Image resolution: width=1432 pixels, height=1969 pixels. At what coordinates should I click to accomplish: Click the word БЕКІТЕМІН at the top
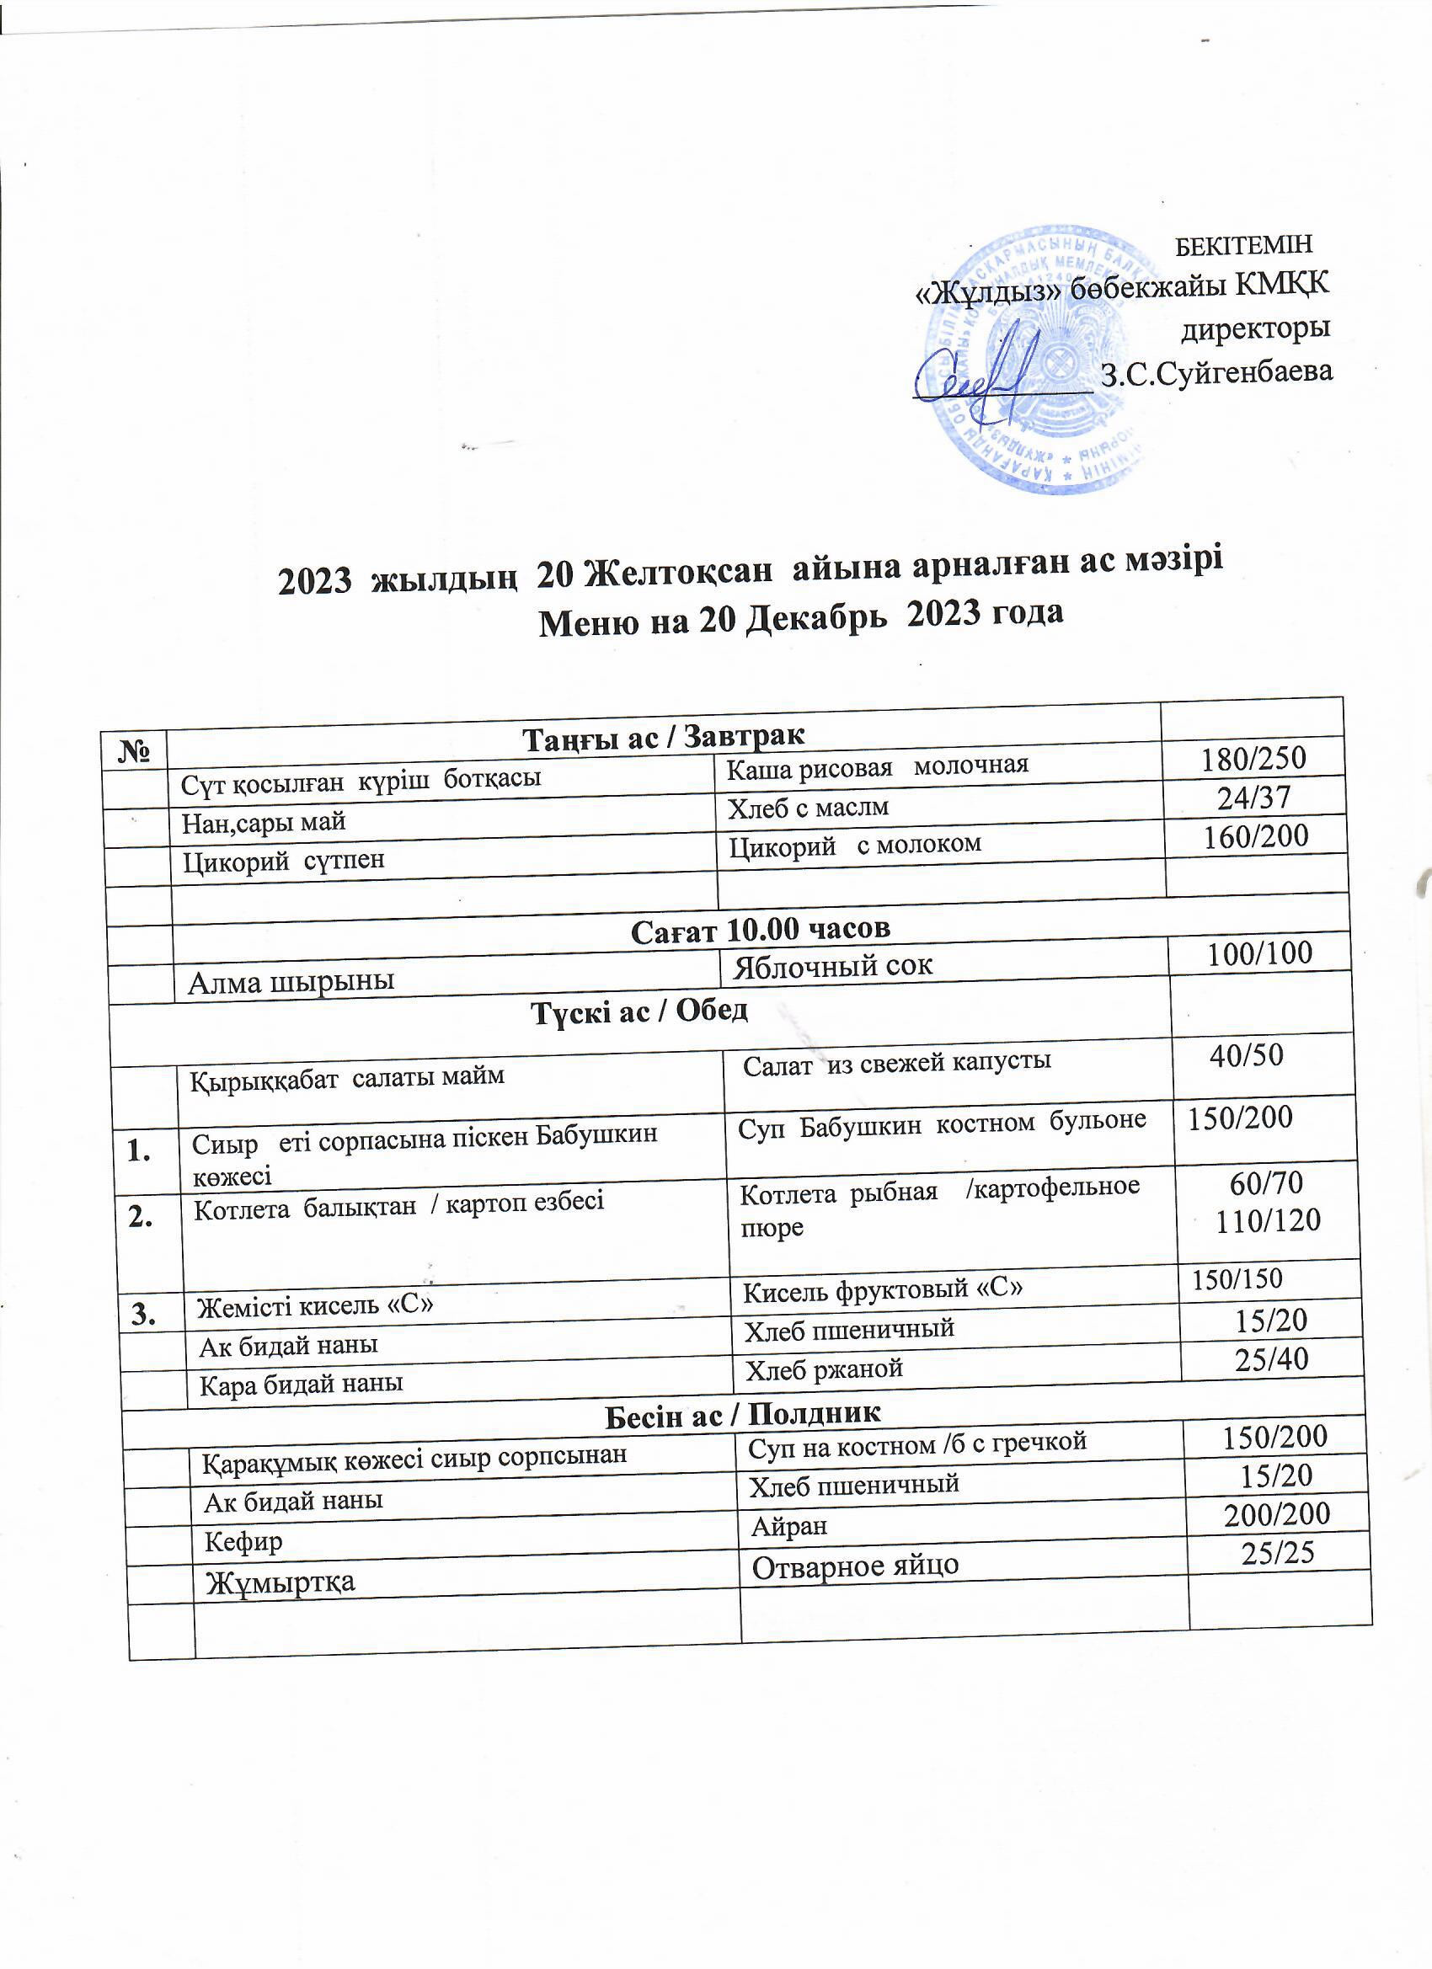tap(1243, 246)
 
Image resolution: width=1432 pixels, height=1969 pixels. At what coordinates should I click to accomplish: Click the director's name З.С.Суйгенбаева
tap(1216, 371)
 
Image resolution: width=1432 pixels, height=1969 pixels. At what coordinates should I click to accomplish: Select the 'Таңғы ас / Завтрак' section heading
tap(664, 736)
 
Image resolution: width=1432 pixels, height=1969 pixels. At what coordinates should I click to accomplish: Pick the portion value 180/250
tap(1253, 758)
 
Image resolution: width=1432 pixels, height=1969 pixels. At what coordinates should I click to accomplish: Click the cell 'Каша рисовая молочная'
tap(877, 766)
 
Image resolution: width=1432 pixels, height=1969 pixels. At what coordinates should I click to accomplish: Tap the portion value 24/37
tap(1254, 798)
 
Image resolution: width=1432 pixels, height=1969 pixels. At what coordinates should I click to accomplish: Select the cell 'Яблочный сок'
tap(832, 964)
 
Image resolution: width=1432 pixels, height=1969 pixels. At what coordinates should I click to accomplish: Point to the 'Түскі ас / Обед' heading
tap(639, 1010)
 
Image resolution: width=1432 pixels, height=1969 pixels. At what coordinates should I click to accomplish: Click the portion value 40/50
tap(1246, 1054)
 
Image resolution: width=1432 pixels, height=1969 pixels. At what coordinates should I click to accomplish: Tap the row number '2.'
tap(137, 1218)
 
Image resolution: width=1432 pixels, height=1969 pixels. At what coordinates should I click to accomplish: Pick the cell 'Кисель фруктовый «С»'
tap(882, 1289)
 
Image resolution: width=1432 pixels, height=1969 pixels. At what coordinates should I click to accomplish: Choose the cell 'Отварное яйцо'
tap(855, 1566)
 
